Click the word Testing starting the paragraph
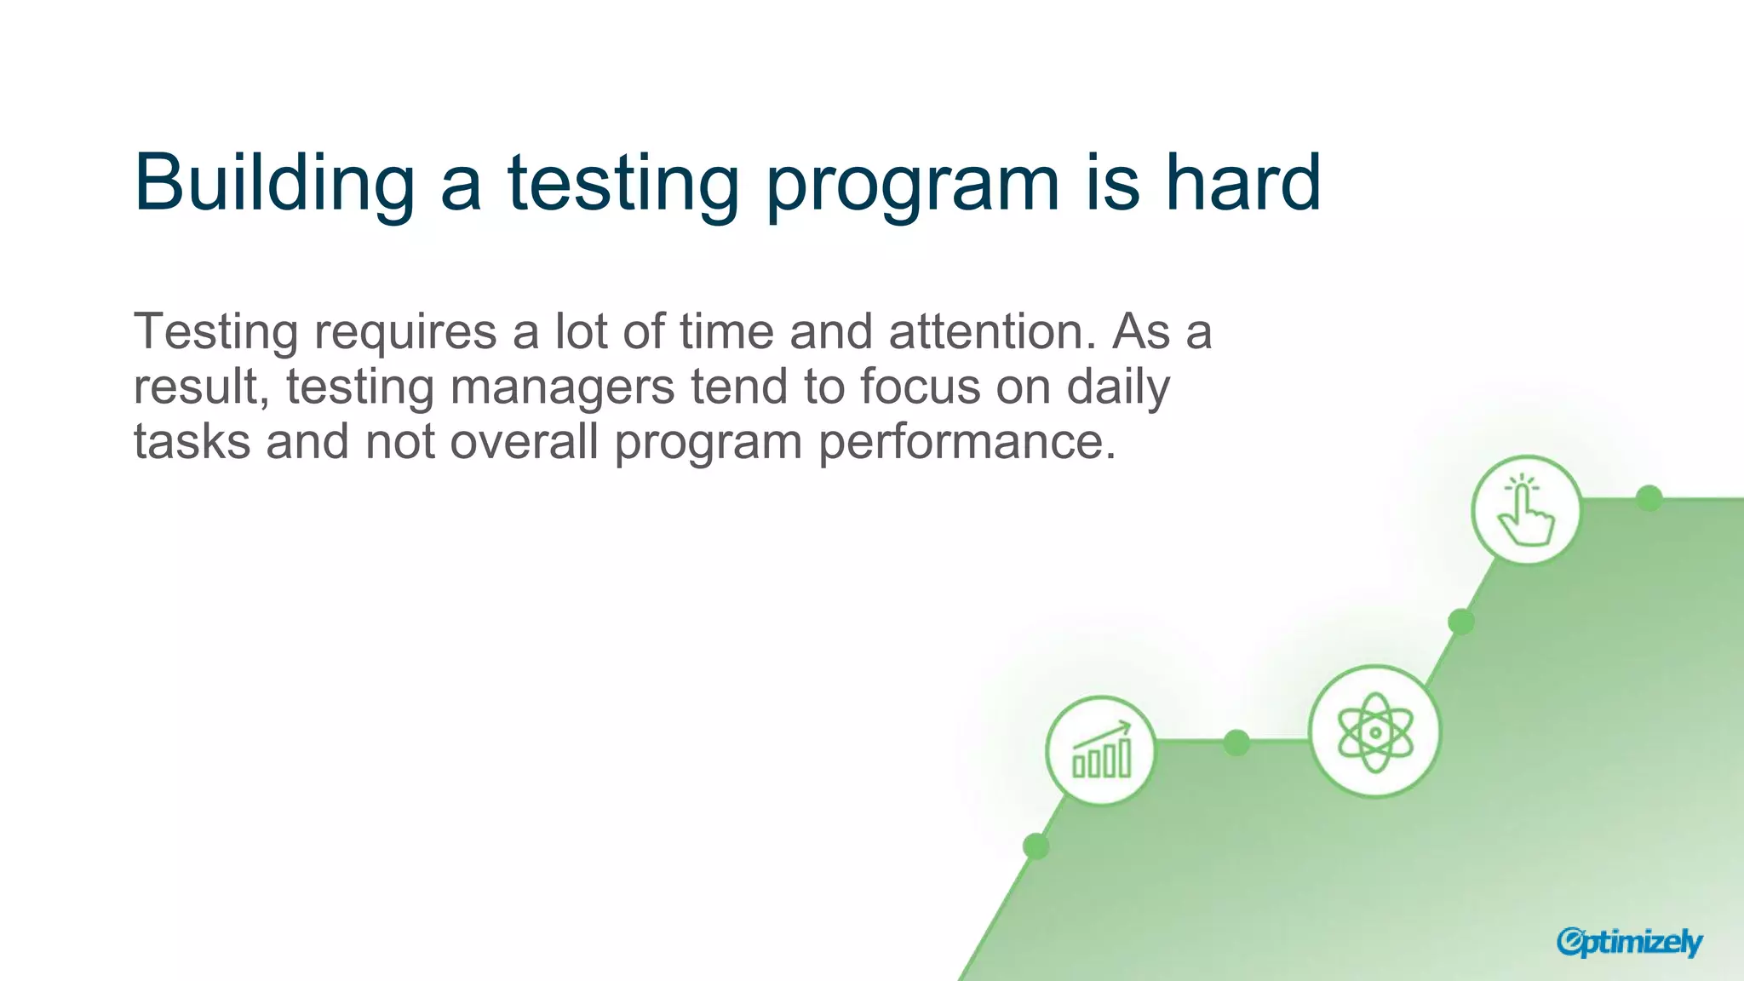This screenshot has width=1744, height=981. [215, 333]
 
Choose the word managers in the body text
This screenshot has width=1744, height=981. [562, 388]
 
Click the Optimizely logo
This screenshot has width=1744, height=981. [1629, 942]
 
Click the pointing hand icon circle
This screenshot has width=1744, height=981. [1526, 510]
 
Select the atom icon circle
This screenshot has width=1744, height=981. [1374, 731]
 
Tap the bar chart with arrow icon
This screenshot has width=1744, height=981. [1101, 750]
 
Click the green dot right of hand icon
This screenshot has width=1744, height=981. [1649, 498]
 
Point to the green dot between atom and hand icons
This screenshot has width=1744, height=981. [1461, 622]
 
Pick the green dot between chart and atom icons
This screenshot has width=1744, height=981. [1236, 743]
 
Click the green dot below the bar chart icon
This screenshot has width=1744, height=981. [1035, 846]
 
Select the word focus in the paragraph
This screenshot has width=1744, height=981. [920, 387]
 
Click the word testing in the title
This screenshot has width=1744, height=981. [623, 183]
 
